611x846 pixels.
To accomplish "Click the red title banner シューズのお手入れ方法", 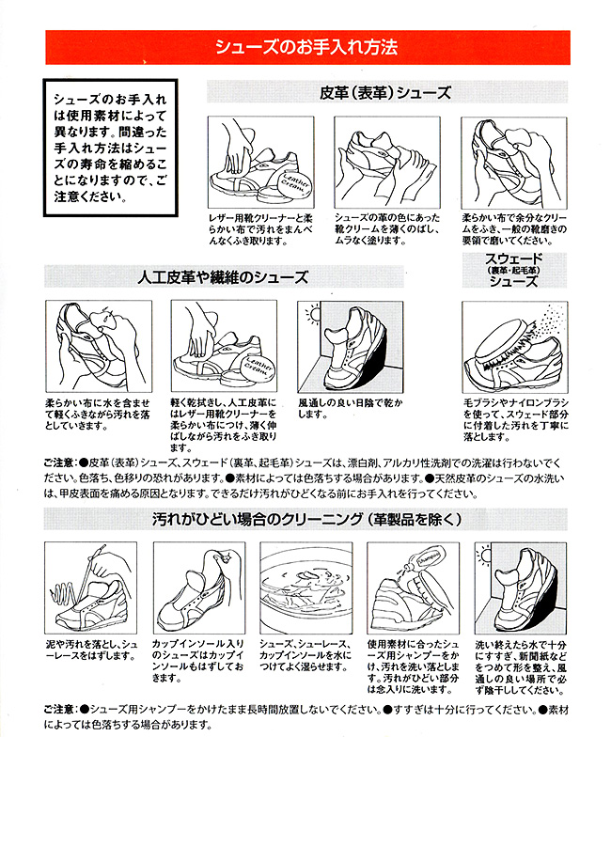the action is (307, 48).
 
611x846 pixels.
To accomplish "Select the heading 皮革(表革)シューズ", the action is (386, 93).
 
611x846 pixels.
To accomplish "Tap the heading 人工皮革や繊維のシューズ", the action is (223, 277).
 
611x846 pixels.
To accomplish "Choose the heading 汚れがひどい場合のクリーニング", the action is (306, 520).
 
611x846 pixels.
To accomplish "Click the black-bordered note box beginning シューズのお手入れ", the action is (111, 148).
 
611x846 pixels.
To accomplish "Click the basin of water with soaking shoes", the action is (306, 588).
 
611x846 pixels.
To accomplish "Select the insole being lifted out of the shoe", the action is (195, 580).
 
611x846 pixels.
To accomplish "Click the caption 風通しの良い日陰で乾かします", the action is (351, 409).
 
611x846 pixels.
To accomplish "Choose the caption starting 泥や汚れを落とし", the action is (91, 650).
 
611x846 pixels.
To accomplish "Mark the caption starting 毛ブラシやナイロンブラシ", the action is (516, 420).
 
